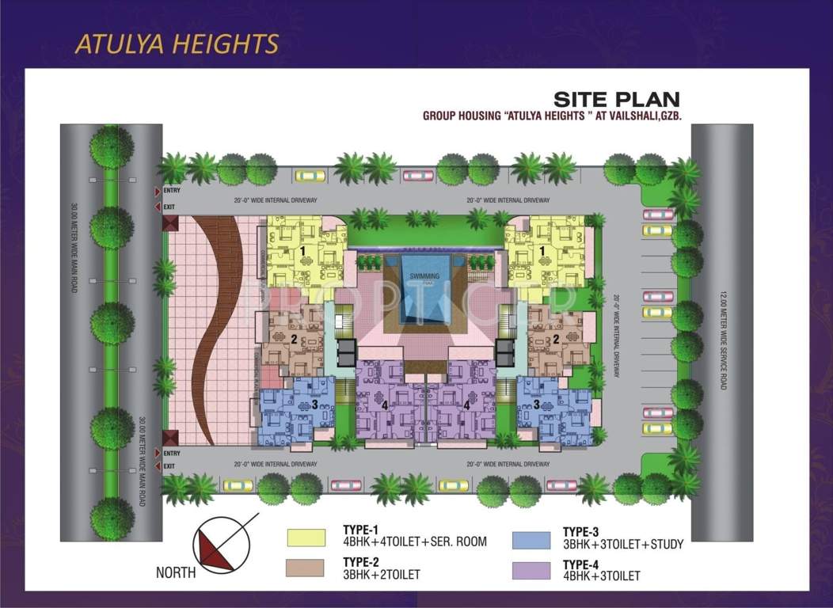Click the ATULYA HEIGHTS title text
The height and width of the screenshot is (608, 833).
[177, 44]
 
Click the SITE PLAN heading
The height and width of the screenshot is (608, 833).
[616, 99]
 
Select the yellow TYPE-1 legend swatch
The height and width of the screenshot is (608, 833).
[306, 538]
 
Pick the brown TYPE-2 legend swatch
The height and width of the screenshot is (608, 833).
[306, 568]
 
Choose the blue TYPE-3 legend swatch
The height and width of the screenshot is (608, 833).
[532, 540]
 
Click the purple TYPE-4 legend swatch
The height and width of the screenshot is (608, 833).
[532, 569]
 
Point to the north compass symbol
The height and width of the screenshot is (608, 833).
[224, 544]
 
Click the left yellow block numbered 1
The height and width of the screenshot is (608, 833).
[305, 252]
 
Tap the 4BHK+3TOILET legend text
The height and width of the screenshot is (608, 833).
[601, 576]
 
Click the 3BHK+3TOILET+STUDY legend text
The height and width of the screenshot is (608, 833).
[622, 544]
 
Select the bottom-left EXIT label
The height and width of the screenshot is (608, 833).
[169, 466]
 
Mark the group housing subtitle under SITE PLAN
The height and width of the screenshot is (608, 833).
[552, 116]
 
